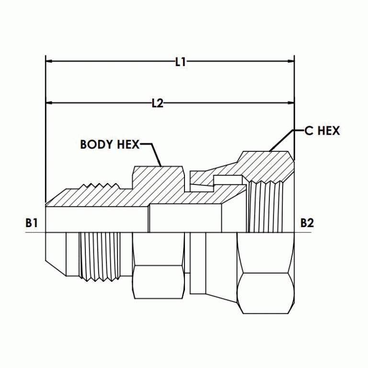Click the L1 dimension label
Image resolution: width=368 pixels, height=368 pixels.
click(181, 62)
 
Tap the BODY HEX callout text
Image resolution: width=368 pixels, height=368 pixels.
click(109, 144)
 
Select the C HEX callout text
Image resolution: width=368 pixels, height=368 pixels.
click(322, 131)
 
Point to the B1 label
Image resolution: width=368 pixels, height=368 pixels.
click(32, 223)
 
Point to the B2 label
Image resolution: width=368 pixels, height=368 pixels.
click(307, 223)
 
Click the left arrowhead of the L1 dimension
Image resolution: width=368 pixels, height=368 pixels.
click(49, 62)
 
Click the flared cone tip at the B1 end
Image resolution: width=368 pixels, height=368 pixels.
click(53, 249)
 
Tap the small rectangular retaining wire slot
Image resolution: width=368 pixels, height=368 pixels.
click(225, 180)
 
